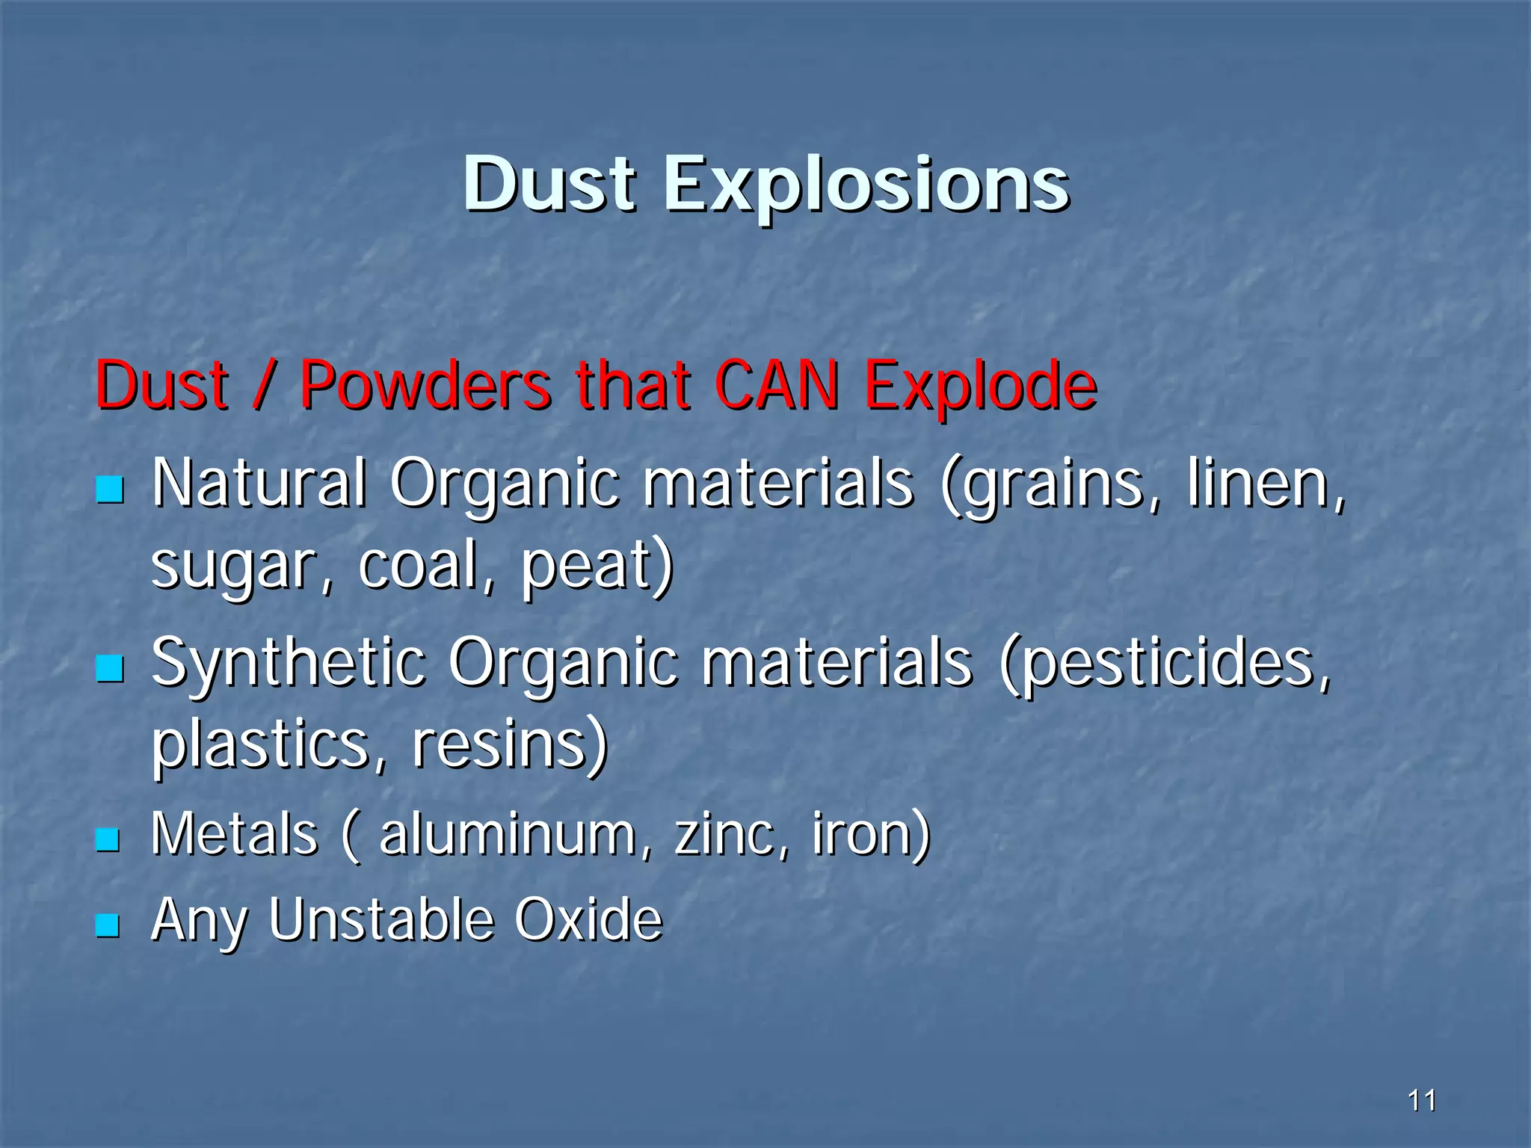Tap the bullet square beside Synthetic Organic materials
coord(109,667)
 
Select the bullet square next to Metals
coord(108,839)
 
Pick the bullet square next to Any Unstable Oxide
coord(108,925)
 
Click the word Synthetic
coord(288,661)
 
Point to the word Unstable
coord(381,919)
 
